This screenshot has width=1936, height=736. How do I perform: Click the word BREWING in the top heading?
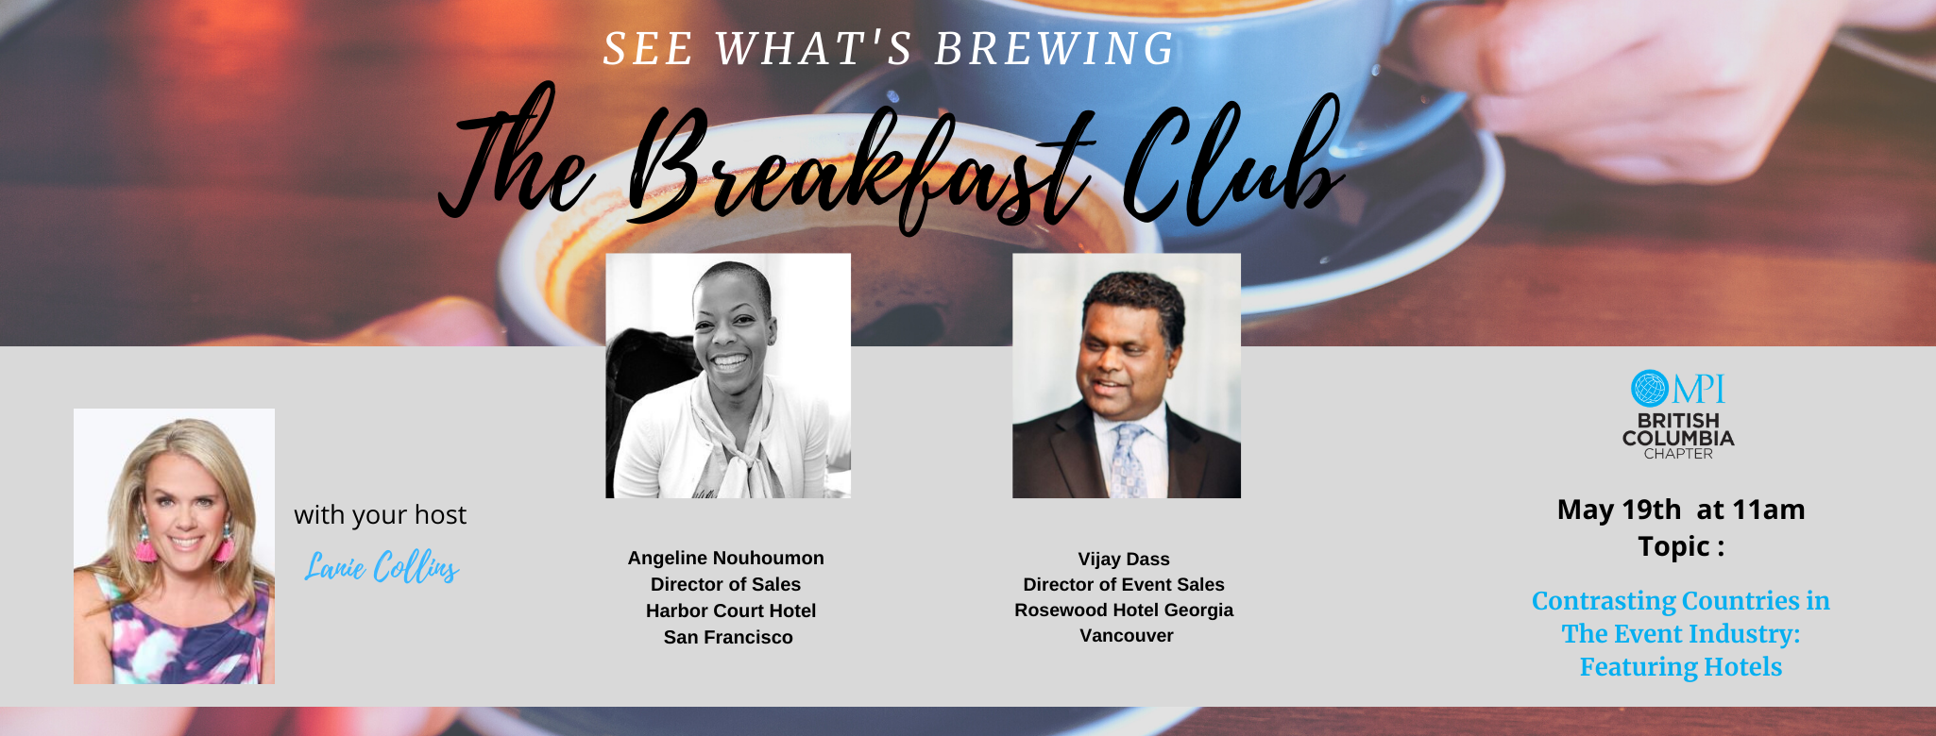click(1054, 49)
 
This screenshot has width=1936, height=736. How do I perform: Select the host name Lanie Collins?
click(382, 567)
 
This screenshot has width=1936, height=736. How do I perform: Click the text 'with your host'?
click(380, 515)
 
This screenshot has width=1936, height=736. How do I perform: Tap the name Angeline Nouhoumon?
click(725, 559)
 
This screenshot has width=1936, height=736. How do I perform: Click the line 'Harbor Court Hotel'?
click(730, 611)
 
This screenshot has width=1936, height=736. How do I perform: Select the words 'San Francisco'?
click(728, 638)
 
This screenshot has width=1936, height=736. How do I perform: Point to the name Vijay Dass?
click(1124, 560)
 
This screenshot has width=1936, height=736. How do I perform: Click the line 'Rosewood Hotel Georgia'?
click(1124, 611)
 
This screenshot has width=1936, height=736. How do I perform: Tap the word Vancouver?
click(1127, 636)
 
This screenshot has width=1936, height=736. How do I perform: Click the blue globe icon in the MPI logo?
click(1649, 388)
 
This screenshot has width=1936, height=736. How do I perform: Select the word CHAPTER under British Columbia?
click(1678, 454)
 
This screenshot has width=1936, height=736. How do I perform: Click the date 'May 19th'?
click(1619, 510)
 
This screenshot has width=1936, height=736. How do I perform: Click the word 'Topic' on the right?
click(1674, 547)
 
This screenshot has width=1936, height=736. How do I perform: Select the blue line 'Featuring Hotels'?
click(1681, 667)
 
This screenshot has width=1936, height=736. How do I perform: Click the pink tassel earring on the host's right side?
click(224, 545)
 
